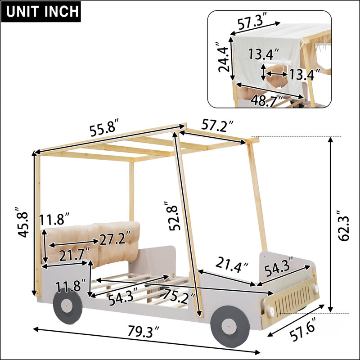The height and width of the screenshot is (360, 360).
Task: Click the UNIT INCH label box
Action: [41, 12]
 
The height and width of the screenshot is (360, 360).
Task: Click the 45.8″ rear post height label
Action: [23, 222]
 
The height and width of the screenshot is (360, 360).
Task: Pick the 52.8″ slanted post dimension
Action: [174, 216]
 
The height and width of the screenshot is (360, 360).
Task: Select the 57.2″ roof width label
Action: [217, 126]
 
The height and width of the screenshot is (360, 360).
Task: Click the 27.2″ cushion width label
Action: [115, 238]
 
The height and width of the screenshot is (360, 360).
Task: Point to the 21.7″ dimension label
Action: [75, 254]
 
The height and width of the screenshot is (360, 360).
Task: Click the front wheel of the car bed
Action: [230, 325]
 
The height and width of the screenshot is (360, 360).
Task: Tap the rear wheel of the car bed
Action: [67, 306]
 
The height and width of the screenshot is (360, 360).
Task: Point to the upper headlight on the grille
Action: [316, 288]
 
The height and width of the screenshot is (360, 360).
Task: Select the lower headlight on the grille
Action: [270, 312]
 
